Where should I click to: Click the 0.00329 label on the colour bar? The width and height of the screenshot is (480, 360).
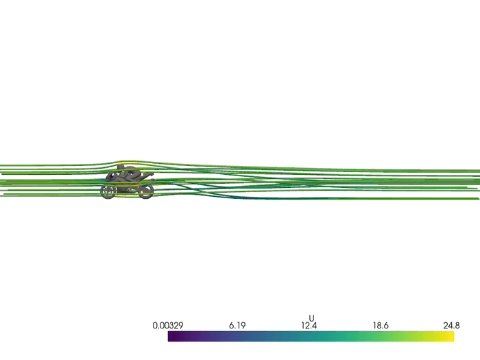click(168, 326)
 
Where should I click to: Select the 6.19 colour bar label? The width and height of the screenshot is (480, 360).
click(239, 326)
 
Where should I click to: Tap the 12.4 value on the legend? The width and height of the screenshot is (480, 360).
click(311, 326)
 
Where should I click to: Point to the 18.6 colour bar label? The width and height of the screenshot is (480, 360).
click(382, 326)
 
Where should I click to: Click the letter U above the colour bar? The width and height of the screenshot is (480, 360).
click(311, 318)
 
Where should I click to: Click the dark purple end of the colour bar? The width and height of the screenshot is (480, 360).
click(170, 337)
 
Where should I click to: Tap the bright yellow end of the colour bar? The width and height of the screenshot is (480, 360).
click(451, 337)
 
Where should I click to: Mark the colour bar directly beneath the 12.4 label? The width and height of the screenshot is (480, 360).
click(311, 337)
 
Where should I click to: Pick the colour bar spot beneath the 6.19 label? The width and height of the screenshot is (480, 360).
click(239, 337)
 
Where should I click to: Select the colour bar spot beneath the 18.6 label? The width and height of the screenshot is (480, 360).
click(382, 337)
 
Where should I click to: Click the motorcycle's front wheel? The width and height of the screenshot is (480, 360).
click(108, 192)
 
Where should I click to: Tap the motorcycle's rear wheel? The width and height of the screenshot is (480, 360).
click(146, 192)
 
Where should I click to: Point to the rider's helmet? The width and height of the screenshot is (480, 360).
click(121, 167)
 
